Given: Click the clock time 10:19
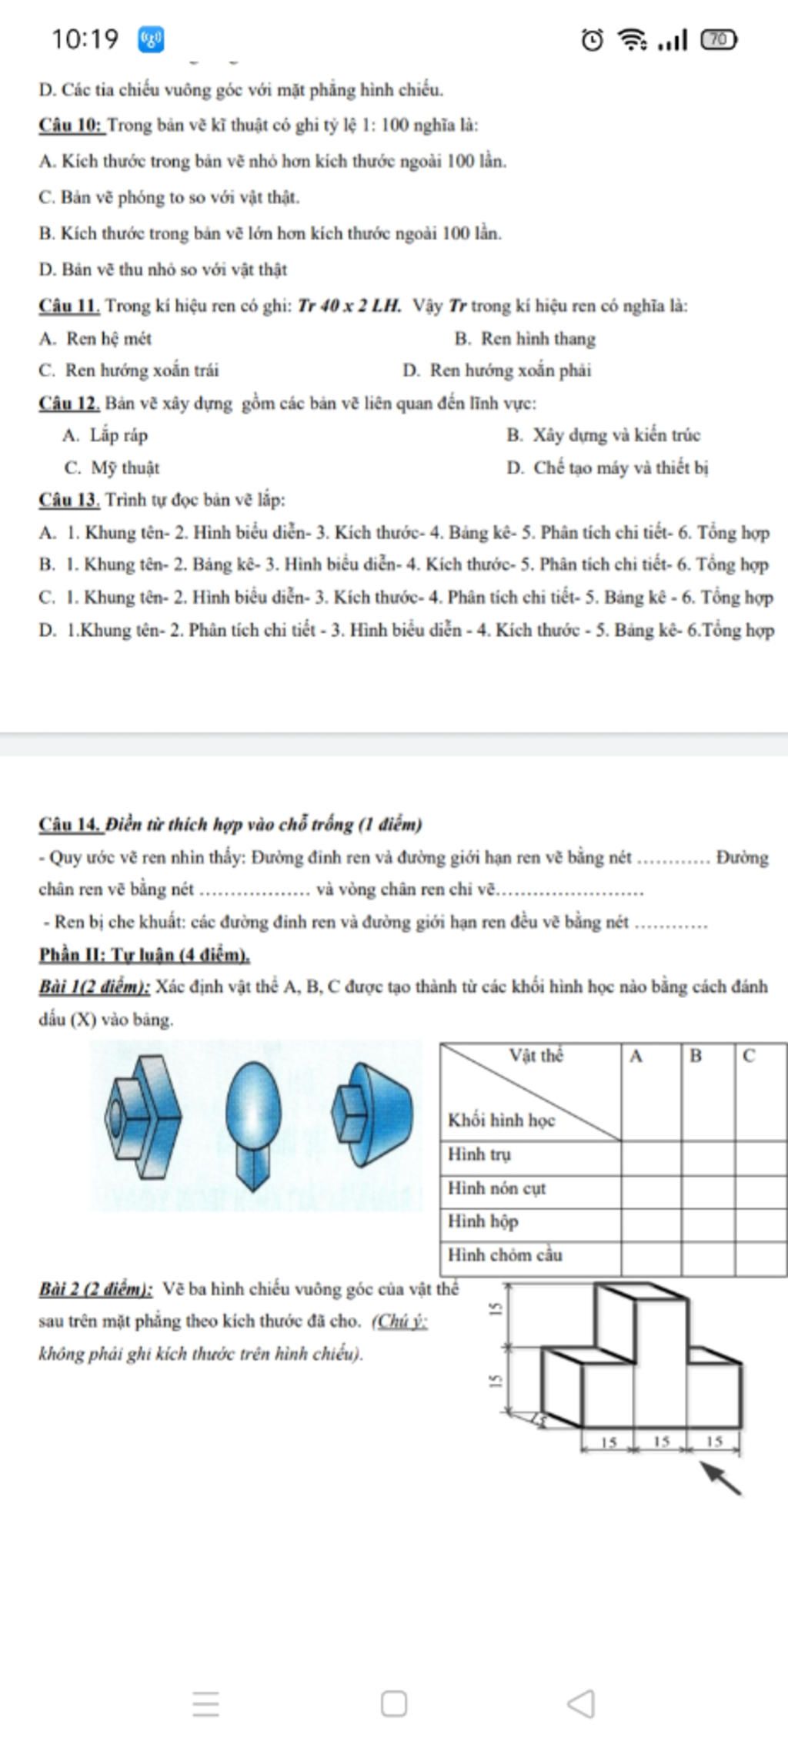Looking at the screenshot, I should (85, 39).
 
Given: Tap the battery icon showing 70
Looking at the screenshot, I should (718, 39).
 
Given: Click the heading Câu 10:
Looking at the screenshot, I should (71, 126).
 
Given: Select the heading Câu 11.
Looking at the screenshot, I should (69, 306).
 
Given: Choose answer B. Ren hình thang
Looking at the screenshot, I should (525, 339).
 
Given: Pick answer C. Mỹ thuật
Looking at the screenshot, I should (112, 467).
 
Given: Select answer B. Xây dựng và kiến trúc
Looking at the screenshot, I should (603, 435).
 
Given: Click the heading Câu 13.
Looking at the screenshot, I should (69, 500).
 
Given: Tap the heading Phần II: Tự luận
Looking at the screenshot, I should (145, 956).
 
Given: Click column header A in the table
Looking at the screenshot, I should (636, 1057).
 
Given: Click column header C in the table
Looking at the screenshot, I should (749, 1057).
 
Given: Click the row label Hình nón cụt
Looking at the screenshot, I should (497, 1188).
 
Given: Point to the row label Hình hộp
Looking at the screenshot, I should (483, 1221).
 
